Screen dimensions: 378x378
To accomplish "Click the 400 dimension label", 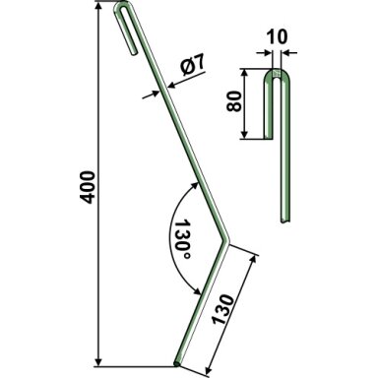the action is pos(88,187).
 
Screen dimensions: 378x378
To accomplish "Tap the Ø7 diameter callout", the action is pos(193,65).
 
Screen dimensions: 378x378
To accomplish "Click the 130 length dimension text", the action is pos(223,309).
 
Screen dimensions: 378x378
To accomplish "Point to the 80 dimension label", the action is pos(234,101).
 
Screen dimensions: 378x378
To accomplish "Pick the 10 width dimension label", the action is pos(277,36).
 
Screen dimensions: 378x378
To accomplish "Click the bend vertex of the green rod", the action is pos(226,240).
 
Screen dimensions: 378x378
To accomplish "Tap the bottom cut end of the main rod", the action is pos(177,363).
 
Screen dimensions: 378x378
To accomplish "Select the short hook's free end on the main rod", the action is pos(134,51).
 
